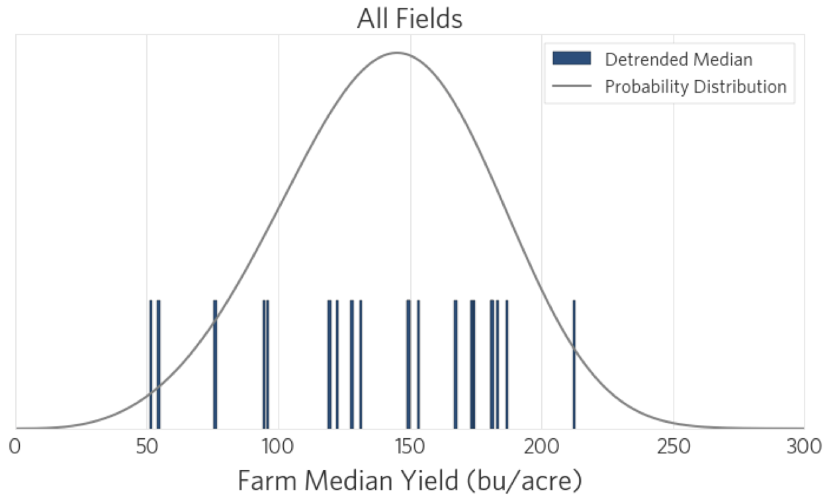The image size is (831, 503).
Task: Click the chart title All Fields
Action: tap(410, 18)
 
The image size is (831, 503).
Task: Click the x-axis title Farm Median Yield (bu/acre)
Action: tap(410, 481)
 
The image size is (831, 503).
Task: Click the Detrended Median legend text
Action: tap(678, 60)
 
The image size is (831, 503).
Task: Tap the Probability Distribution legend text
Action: tap(695, 87)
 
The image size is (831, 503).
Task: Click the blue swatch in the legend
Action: tap(571, 59)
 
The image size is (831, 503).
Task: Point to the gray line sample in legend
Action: tap(571, 87)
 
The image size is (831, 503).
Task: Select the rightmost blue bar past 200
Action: tap(574, 364)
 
